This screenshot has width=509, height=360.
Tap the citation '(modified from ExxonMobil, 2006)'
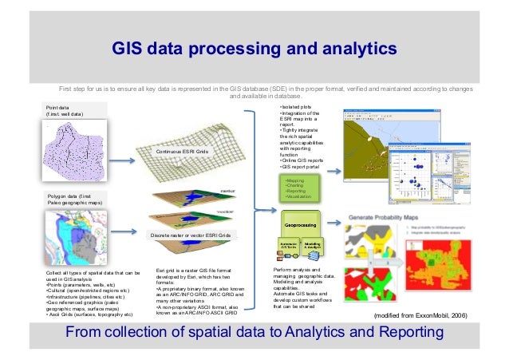[x=425, y=317]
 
